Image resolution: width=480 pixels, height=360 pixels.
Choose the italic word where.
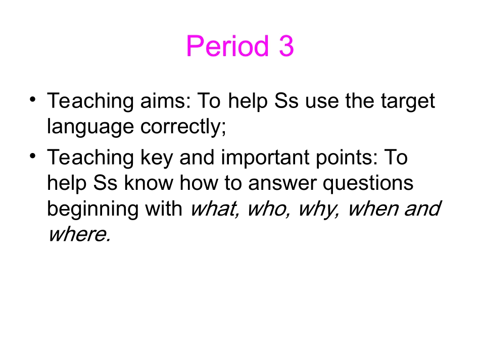(x=78, y=234)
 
